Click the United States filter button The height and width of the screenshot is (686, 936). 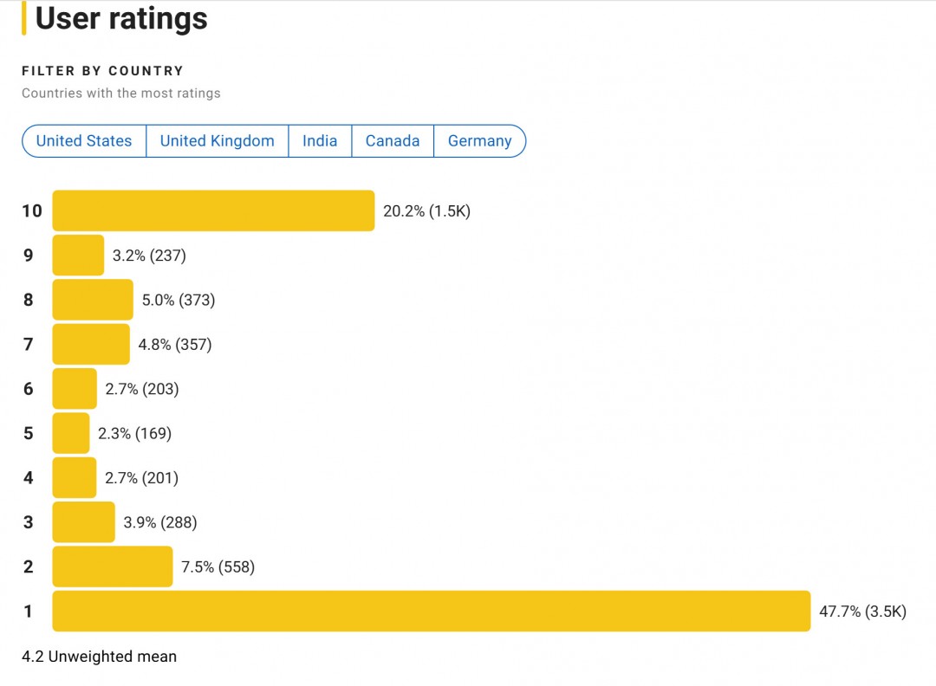(x=84, y=141)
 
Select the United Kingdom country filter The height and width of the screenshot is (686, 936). (x=217, y=141)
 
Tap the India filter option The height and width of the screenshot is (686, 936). (x=320, y=141)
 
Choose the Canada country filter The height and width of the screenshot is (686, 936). (x=393, y=141)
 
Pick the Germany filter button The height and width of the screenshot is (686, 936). (x=479, y=141)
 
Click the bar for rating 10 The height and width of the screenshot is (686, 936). (x=213, y=210)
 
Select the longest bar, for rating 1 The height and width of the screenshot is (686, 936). (x=431, y=611)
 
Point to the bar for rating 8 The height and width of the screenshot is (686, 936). (x=93, y=300)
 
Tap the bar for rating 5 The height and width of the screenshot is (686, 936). (x=71, y=433)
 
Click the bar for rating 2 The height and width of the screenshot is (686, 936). (x=113, y=566)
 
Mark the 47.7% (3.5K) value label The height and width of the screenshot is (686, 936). (x=862, y=612)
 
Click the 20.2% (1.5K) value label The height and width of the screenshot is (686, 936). (x=426, y=211)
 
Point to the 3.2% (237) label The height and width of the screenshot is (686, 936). (x=149, y=256)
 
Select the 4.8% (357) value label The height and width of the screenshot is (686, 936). (x=175, y=345)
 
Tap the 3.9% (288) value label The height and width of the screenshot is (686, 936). (x=160, y=522)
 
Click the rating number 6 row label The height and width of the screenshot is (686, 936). (x=29, y=389)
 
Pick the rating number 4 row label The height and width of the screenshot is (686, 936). (x=29, y=478)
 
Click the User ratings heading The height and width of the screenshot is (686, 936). (x=121, y=18)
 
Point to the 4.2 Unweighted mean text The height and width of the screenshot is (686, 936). (x=99, y=657)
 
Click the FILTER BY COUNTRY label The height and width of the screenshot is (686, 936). (x=102, y=71)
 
